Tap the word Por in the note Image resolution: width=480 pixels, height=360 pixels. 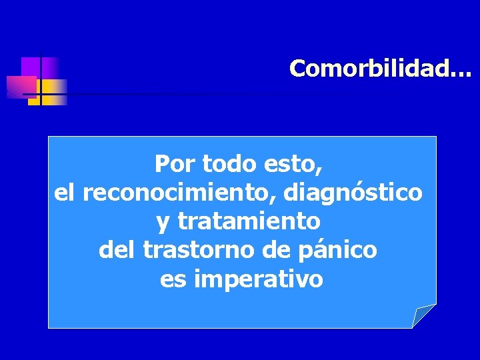173,163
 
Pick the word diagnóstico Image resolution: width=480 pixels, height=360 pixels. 353,193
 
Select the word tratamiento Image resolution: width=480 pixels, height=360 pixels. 248,221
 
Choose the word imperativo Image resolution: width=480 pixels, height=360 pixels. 259,279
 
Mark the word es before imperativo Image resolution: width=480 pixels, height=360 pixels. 173,279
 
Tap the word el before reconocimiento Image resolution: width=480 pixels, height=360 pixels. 65,193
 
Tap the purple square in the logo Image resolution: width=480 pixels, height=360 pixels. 31,66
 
